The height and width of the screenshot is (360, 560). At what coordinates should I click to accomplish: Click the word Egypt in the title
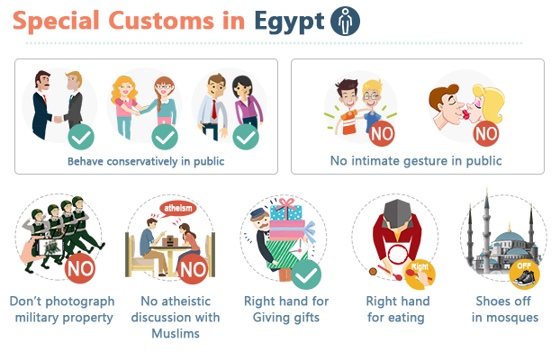(x=289, y=22)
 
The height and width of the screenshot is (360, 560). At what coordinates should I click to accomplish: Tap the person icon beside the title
(x=345, y=21)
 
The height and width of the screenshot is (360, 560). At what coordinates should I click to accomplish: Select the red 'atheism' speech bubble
(x=177, y=208)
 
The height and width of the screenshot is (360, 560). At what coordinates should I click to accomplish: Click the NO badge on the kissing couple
(x=485, y=133)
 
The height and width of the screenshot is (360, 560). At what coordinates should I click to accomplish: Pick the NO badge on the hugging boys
(x=382, y=133)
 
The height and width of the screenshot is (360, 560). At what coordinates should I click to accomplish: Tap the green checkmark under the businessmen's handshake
(x=81, y=137)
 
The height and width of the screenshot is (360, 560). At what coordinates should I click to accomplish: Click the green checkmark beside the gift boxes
(x=306, y=274)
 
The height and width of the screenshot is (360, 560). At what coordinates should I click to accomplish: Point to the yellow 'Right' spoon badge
(x=420, y=274)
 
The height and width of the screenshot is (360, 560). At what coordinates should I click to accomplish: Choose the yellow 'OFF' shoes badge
(x=524, y=274)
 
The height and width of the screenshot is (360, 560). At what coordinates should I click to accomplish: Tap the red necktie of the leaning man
(x=214, y=109)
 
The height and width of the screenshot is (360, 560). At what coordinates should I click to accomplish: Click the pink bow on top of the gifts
(x=286, y=204)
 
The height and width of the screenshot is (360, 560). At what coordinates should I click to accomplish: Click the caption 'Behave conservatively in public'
(x=146, y=161)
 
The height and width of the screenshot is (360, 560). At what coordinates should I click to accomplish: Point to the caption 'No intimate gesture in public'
(x=416, y=161)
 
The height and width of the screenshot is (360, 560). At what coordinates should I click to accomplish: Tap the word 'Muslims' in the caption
(x=176, y=334)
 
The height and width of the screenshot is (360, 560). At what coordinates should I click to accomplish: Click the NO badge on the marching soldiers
(x=80, y=268)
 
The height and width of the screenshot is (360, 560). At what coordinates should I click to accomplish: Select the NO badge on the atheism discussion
(x=193, y=269)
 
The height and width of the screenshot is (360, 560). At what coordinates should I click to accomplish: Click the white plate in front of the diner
(x=398, y=255)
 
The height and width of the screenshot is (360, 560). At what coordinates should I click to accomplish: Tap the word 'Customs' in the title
(x=161, y=21)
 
